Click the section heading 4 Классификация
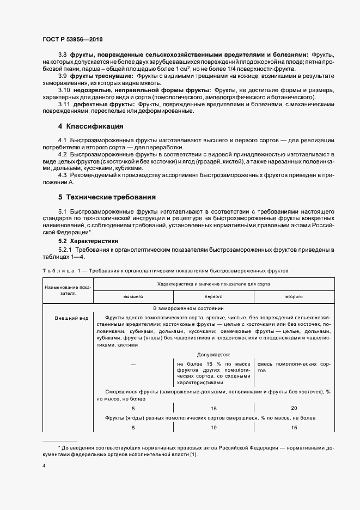coord(90,126)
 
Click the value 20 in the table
coord(294,407)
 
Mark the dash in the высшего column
coord(133,363)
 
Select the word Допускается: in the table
coord(213,354)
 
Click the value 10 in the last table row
coord(213,428)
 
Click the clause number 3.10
coord(64,89)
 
